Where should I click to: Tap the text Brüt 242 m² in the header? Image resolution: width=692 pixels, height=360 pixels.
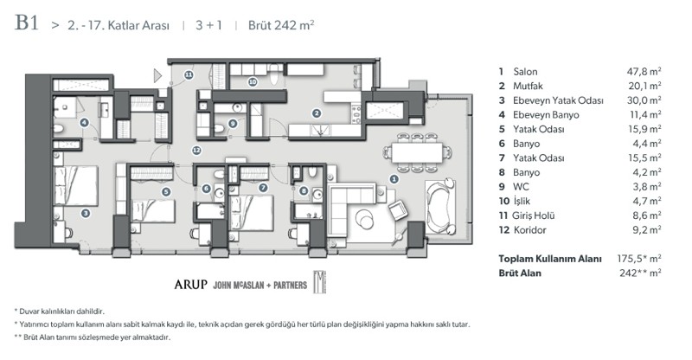coord(282,25)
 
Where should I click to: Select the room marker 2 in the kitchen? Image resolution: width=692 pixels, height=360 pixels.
coord(317,112)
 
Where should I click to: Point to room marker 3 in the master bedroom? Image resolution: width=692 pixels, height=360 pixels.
coord(86,212)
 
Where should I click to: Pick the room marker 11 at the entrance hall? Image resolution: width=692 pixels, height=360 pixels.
coord(189,76)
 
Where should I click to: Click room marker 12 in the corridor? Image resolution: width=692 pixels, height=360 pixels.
coord(197,151)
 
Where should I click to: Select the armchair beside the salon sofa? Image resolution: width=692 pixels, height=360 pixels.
coord(400,210)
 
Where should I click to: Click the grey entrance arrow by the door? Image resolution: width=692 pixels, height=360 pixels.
coord(158,76)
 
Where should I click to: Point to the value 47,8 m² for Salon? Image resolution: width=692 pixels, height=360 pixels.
coord(644,73)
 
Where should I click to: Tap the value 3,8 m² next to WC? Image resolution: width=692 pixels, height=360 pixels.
coord(646,186)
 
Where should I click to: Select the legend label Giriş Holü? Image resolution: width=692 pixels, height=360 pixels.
coord(537,215)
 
